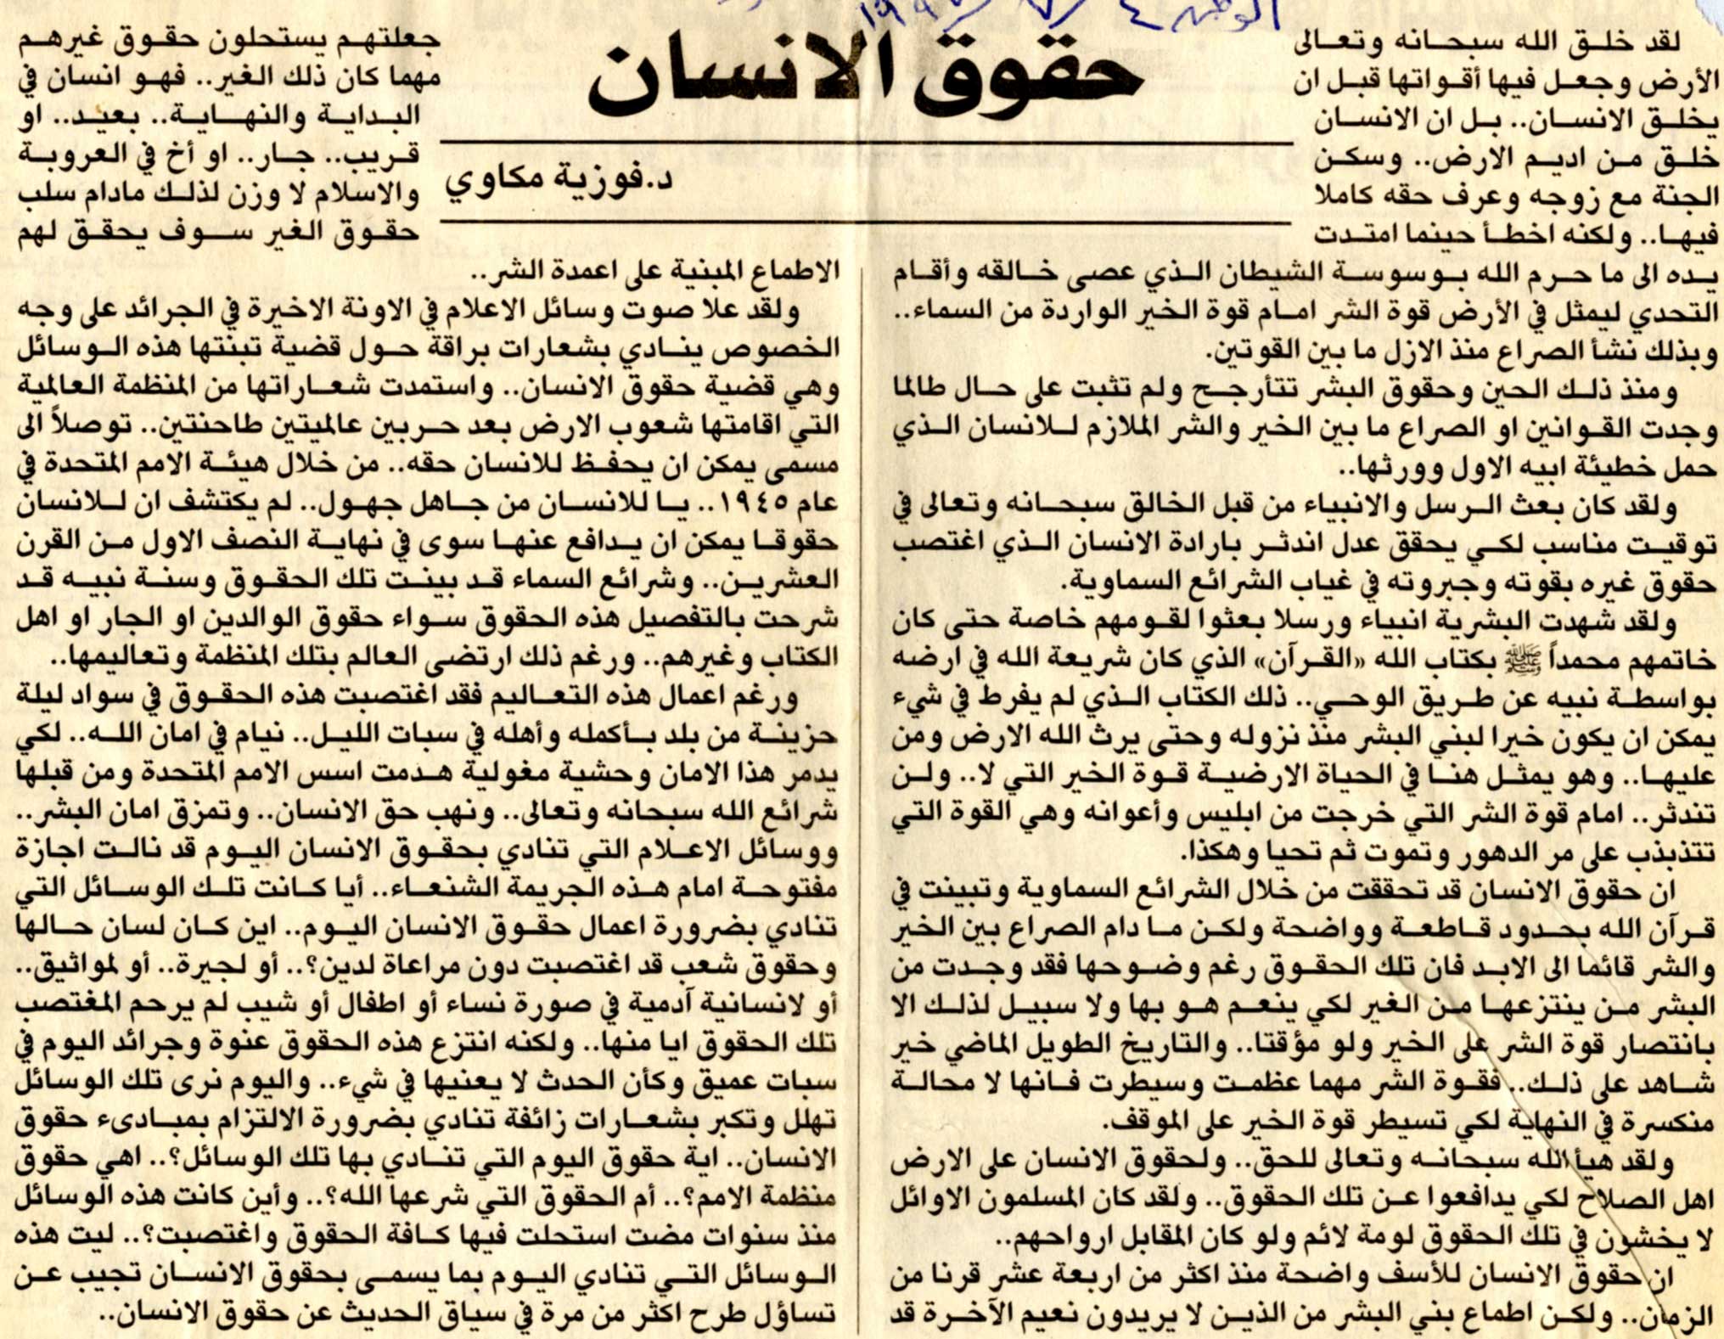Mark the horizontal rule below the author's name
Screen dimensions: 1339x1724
866,223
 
